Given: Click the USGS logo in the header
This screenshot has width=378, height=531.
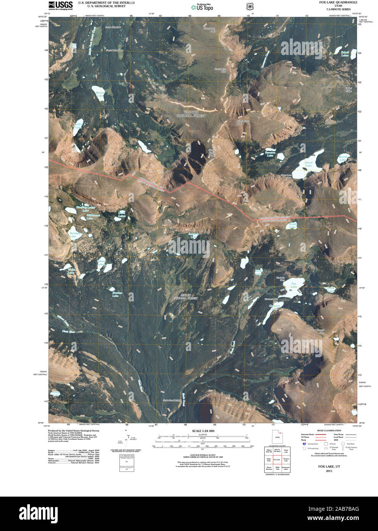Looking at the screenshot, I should click(x=60, y=5).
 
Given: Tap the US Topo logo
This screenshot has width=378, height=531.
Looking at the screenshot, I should click(x=202, y=7).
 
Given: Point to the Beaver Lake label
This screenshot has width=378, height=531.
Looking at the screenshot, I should click(x=100, y=94).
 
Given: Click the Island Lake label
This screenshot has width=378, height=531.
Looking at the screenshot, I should click(x=309, y=164).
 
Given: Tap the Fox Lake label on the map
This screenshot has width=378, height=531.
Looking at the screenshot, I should click(x=294, y=285).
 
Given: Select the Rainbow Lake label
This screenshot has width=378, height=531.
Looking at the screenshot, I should click(x=75, y=235).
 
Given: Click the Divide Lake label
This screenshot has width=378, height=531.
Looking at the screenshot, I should click(x=292, y=225).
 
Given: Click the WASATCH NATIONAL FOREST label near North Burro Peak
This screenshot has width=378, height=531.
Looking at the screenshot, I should click(x=191, y=114).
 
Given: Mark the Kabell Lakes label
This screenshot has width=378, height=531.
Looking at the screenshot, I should click(x=345, y=54).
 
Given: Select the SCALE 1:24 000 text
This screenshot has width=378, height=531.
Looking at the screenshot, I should click(x=203, y=431).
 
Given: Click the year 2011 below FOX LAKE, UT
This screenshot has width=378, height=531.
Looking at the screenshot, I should click(x=329, y=471).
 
